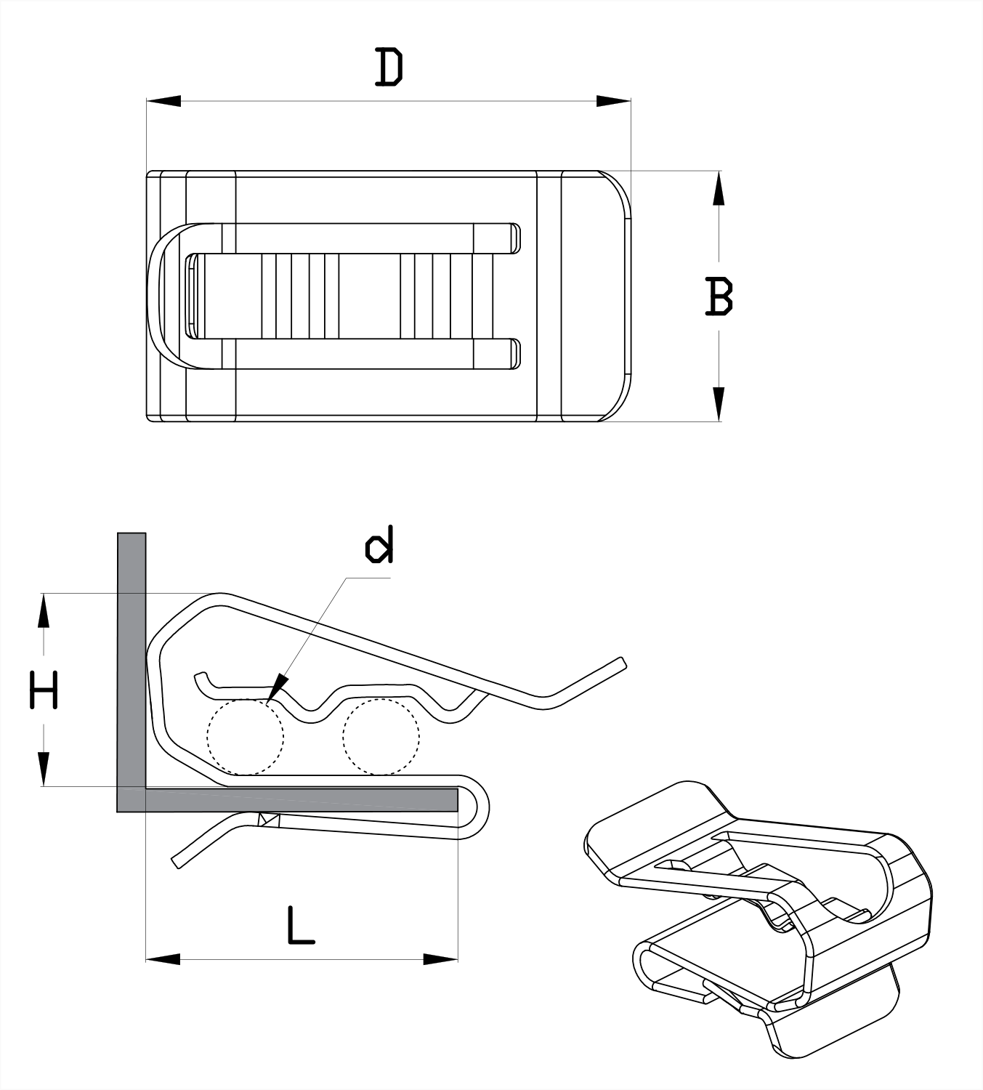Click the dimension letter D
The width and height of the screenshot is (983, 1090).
point(389,68)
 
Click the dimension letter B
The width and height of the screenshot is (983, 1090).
point(719,296)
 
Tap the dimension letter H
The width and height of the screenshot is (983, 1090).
point(44,690)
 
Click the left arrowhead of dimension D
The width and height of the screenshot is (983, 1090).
point(163,101)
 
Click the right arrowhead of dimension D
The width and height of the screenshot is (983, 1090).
point(613,101)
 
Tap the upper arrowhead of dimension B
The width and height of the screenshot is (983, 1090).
point(719,188)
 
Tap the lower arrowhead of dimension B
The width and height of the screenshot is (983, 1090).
point(719,404)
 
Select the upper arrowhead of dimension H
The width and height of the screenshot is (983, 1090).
point(44,610)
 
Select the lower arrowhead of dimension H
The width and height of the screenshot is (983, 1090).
point(44,769)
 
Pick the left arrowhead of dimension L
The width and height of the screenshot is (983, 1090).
point(163,959)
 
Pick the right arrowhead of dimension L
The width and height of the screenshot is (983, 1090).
point(440,959)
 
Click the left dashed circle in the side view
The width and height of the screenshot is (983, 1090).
point(245,737)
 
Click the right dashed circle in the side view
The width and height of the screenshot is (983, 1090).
point(381,737)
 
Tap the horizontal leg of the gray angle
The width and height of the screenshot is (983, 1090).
point(302,800)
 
